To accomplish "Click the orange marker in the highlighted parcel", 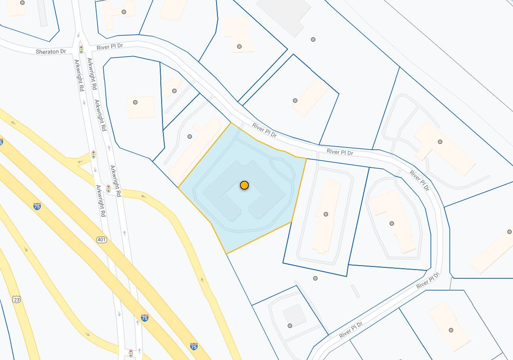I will (x=244, y=185).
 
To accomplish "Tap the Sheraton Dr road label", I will (x=51, y=52).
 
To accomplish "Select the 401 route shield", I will (x=102, y=240).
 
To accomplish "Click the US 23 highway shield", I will (x=17, y=299).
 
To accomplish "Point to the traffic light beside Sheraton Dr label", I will (x=81, y=49).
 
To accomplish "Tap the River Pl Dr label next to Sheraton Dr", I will (x=110, y=47).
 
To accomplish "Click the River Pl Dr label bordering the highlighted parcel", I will (x=264, y=130).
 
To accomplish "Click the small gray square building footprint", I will (x=294, y=315).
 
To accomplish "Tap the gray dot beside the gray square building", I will (x=290, y=326).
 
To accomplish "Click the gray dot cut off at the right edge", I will (x=509, y=232).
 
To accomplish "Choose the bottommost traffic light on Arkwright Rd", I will (x=130, y=353).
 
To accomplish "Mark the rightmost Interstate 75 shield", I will (x=194, y=346).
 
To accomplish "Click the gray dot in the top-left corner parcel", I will (x=22, y=3).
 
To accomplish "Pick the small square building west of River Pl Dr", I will (x=141, y=107).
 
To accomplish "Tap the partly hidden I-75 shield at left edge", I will (x=1, y=142).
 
